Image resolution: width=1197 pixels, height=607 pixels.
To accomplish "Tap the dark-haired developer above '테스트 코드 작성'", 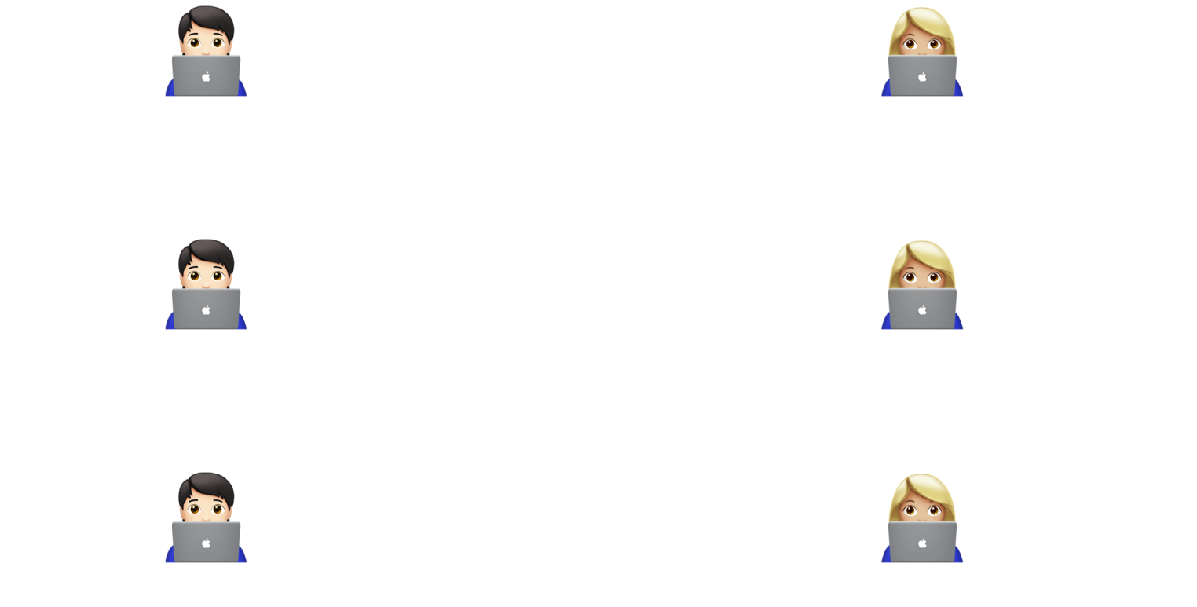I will tap(206, 518).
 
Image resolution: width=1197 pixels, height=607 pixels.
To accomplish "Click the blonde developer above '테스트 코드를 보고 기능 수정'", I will tap(921, 518).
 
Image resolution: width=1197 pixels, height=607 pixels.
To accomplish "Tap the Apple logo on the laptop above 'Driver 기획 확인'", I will tap(206, 77).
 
